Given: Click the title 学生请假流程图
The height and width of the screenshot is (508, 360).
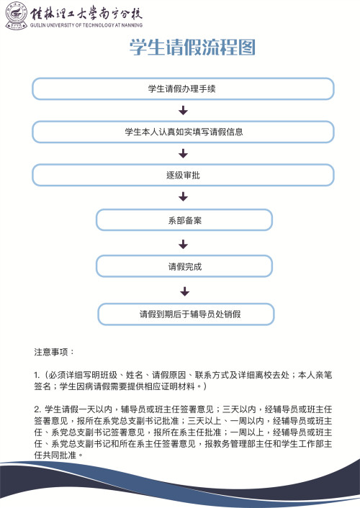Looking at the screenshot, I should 192,48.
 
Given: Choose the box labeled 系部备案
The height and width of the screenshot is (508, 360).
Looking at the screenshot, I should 184,220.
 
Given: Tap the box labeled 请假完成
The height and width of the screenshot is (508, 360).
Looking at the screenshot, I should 184,266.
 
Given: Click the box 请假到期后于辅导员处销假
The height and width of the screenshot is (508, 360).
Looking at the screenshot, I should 185,314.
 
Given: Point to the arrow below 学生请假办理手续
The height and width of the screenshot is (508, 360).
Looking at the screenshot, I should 184,110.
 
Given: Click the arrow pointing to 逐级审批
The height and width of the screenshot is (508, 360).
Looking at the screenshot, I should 184,153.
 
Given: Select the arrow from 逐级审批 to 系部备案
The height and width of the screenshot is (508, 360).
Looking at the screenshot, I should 184,196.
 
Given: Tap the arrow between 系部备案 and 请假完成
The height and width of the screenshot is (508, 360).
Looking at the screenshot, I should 184,243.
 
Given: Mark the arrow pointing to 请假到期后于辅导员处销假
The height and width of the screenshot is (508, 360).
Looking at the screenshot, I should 184,291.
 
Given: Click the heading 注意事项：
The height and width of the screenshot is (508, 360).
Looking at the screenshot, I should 54,353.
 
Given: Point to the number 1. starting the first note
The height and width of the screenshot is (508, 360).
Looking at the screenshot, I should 37,376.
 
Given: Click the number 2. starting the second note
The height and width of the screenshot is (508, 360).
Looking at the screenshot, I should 37,409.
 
